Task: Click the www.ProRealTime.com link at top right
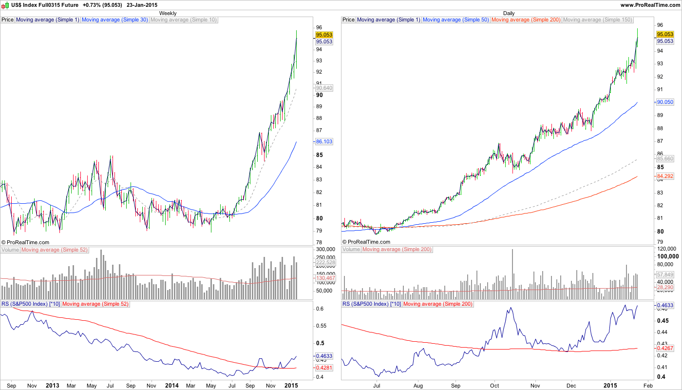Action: [x=650, y=4]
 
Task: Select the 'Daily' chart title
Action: [x=509, y=13]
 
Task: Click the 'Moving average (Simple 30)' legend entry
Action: [x=114, y=20]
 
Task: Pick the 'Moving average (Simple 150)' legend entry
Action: [x=597, y=20]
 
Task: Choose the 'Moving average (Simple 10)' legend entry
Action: [x=184, y=20]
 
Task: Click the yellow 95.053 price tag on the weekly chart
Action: [x=324, y=35]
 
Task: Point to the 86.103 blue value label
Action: [x=324, y=141]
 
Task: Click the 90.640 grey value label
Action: [x=324, y=88]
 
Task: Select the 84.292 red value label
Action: [x=665, y=175]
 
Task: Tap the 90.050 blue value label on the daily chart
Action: [x=665, y=102]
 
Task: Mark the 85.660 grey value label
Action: [x=665, y=159]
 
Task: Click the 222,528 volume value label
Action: [x=325, y=263]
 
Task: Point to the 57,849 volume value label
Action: [x=665, y=274]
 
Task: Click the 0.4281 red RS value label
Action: [x=324, y=367]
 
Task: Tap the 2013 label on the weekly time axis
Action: [x=52, y=385]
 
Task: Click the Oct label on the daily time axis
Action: [x=495, y=385]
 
